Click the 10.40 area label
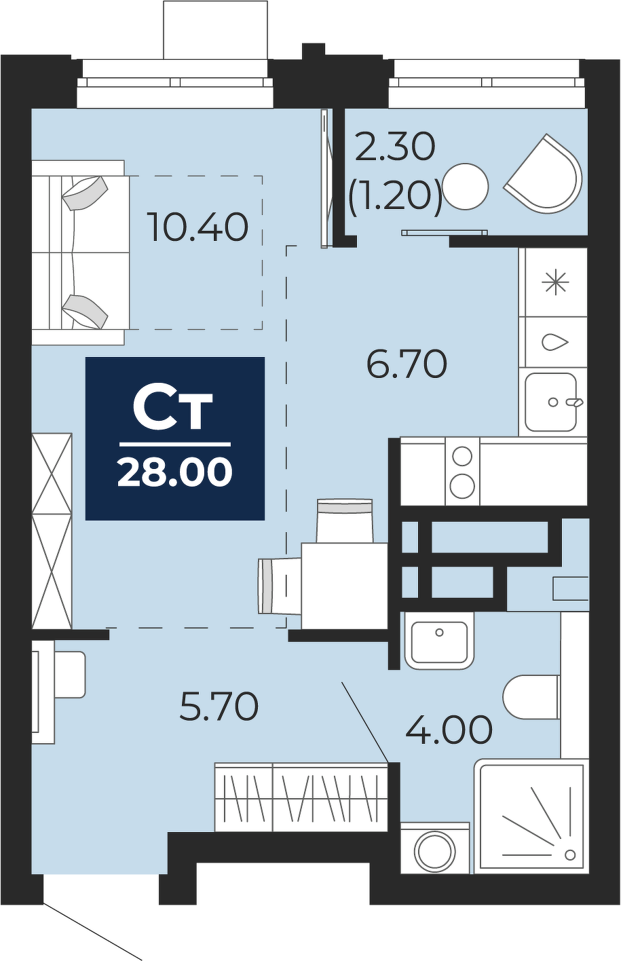tap(197, 227)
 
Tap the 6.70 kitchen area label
tap(407, 364)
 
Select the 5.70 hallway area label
tap(219, 706)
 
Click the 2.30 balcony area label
tap(395, 147)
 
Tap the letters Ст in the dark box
tap(172, 410)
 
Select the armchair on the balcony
tap(545, 171)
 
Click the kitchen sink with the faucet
tap(552, 402)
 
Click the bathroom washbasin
tap(439, 642)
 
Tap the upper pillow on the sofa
tap(85, 193)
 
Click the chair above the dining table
tap(345, 521)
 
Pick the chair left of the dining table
tap(280, 586)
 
